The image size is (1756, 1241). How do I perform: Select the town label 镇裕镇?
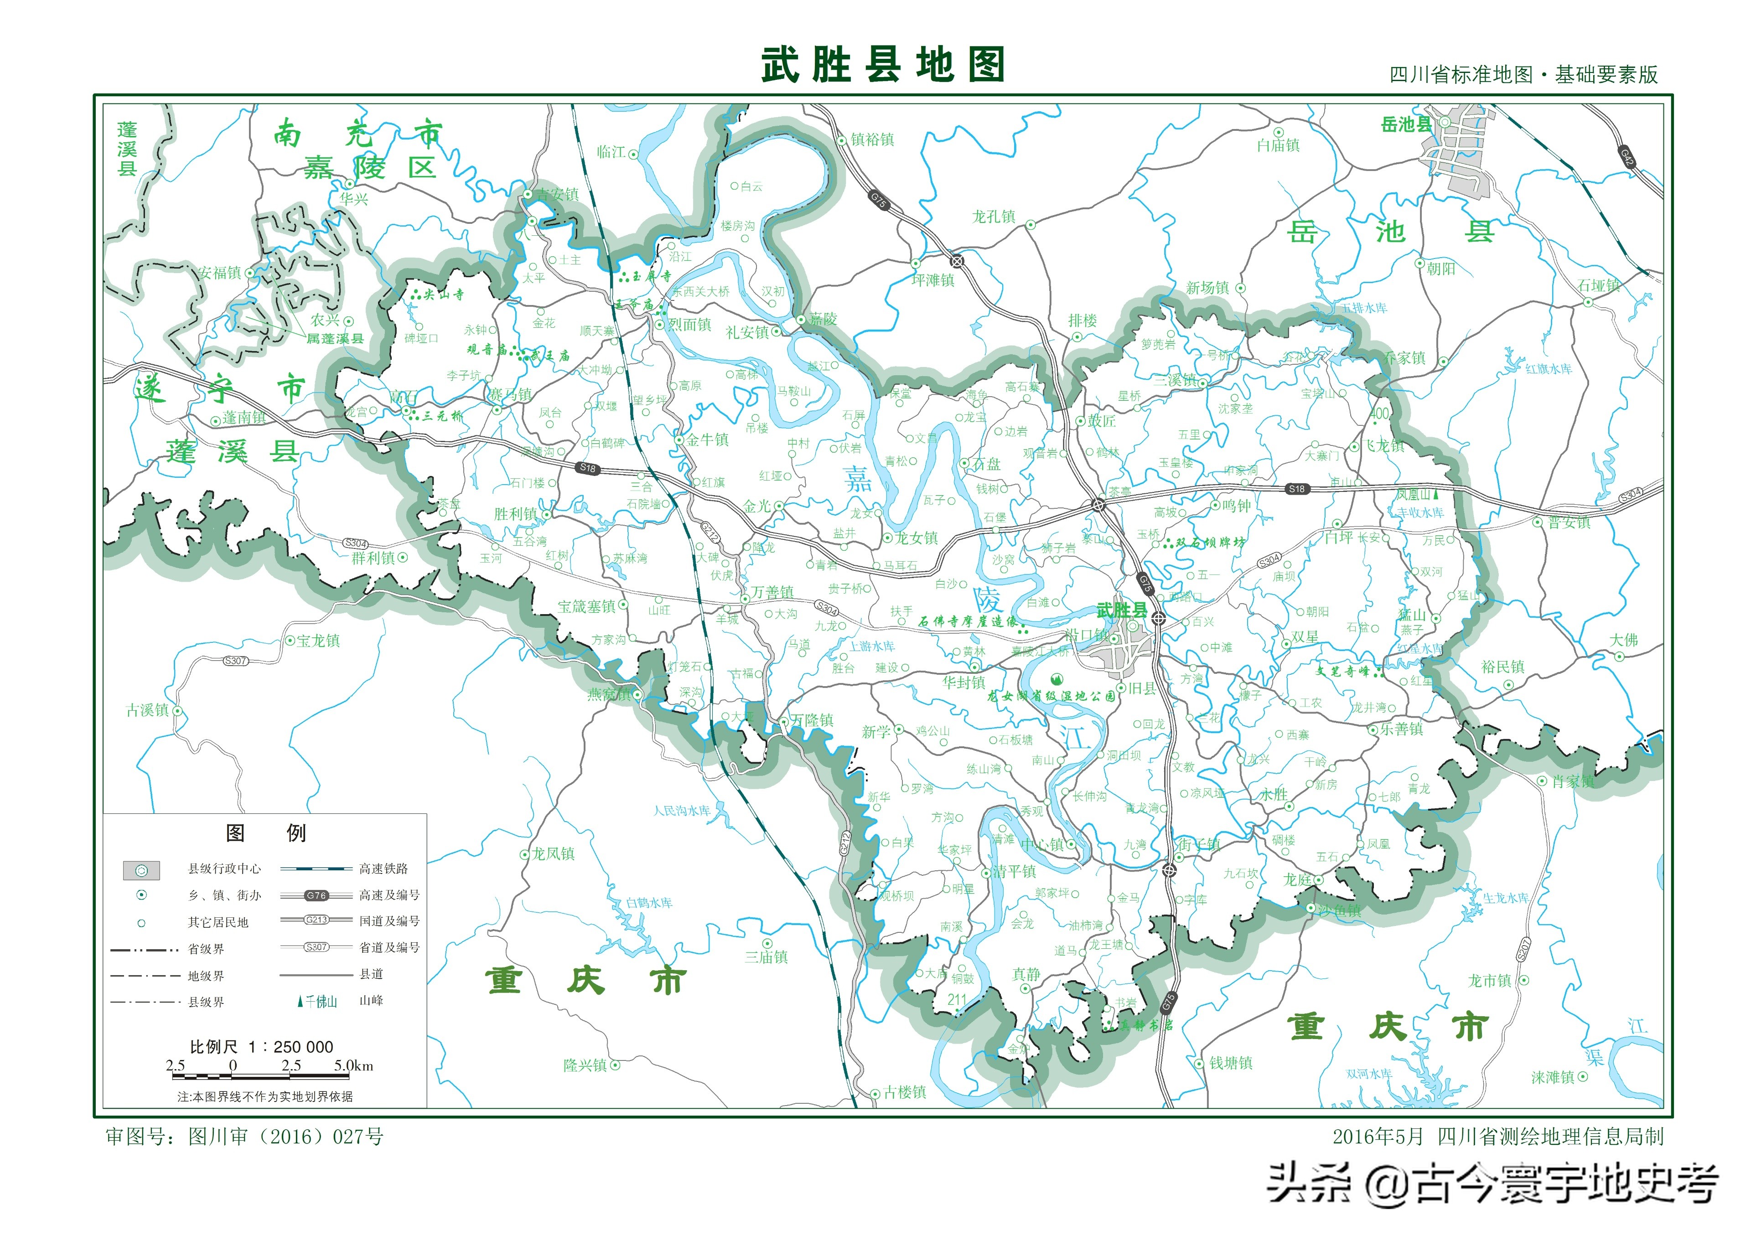(872, 139)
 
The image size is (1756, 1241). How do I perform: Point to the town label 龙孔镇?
(994, 217)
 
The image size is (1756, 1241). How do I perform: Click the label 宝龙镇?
(318, 641)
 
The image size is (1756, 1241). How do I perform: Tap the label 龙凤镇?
(553, 854)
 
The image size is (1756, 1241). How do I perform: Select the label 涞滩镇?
(1553, 1077)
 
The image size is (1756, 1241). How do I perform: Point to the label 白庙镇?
(1278, 145)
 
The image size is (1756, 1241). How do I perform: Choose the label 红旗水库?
(1549, 369)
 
